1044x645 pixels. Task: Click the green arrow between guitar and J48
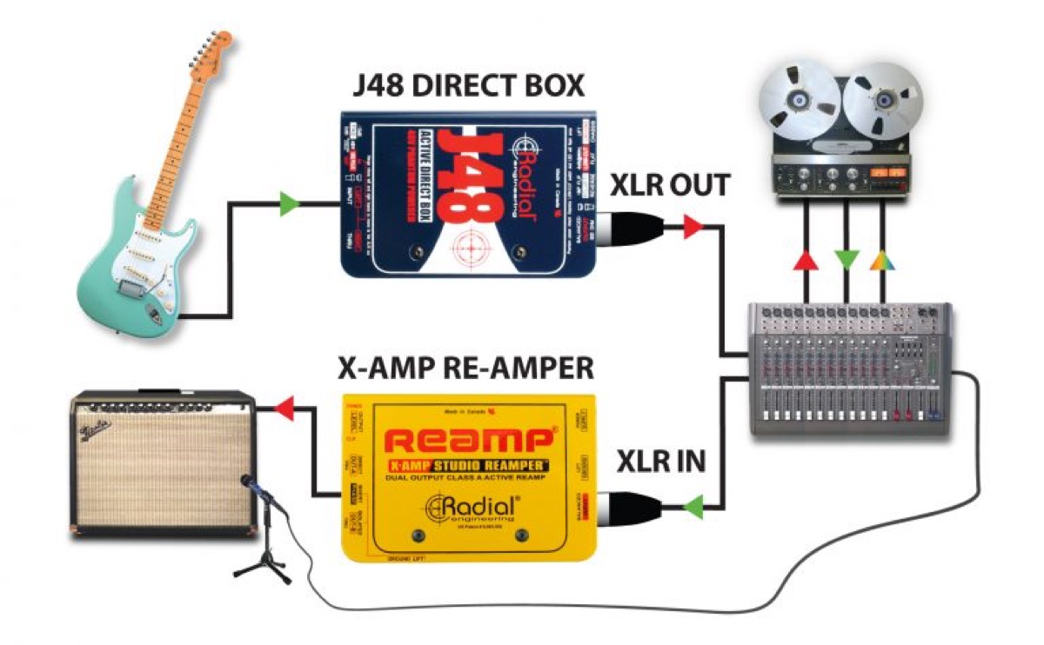289,205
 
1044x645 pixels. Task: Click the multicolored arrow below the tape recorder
881,260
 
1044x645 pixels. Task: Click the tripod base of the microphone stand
263,569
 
